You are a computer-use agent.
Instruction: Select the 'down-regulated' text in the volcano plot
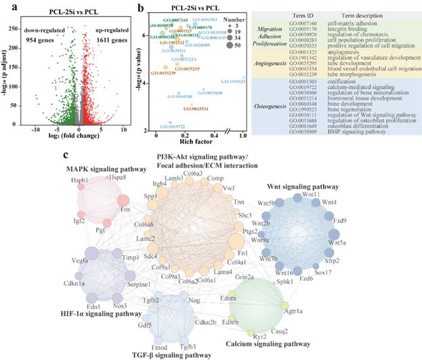tap(49, 31)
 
